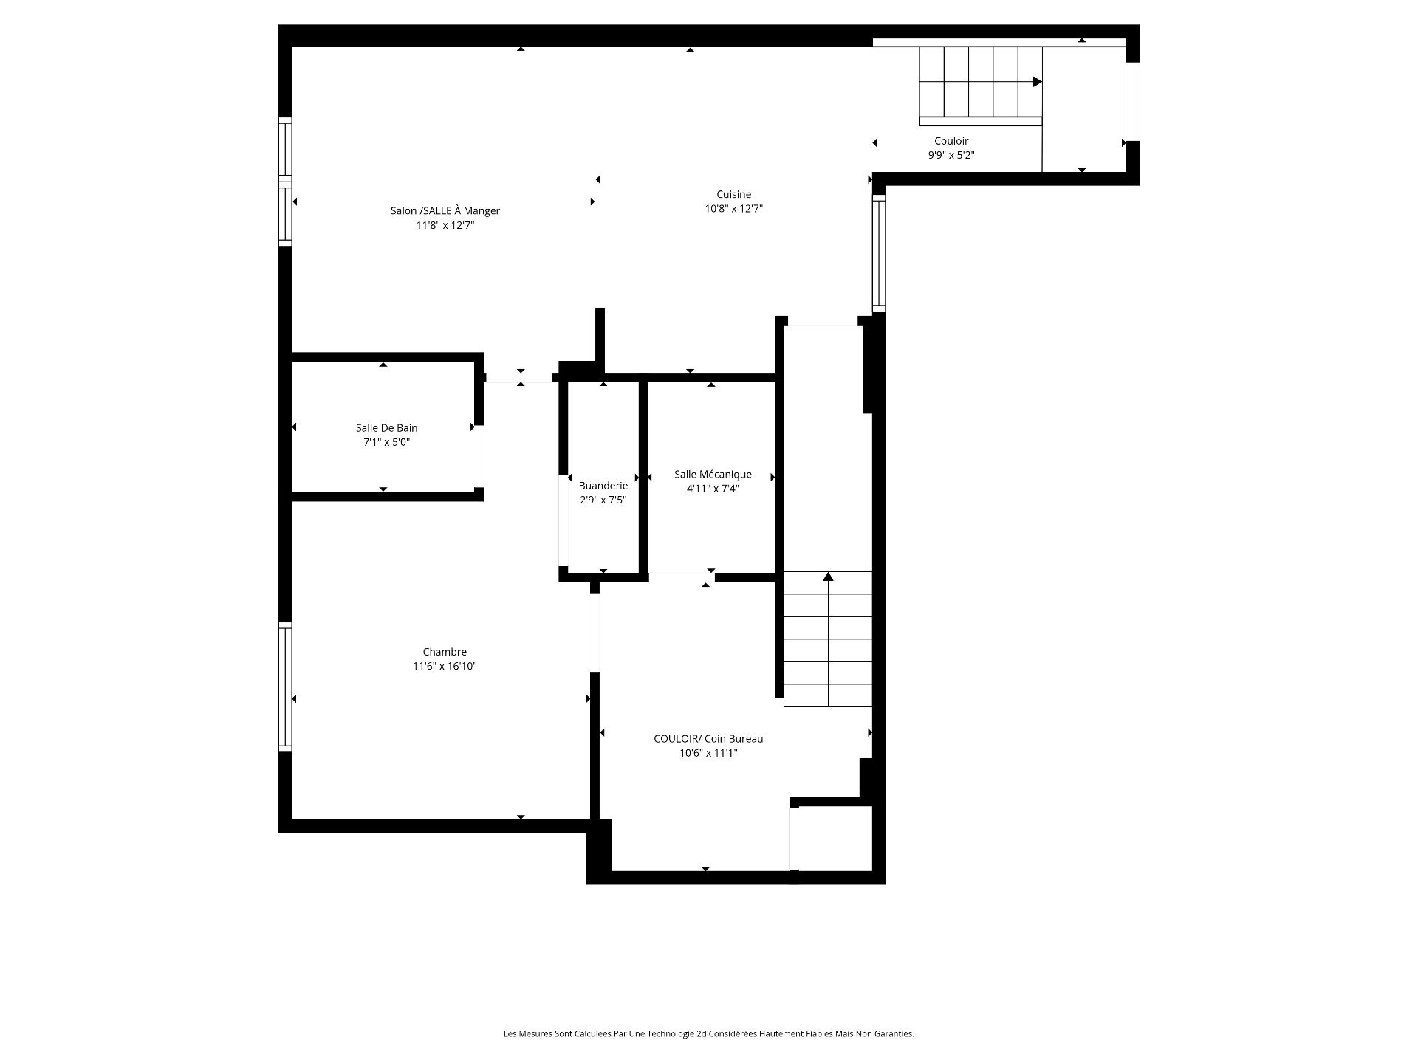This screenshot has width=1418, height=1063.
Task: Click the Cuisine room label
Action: [733, 195]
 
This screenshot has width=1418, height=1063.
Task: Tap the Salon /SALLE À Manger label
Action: [445, 211]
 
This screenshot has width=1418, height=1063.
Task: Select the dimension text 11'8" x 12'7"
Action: [445, 226]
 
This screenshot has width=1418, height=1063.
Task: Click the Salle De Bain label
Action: [386, 428]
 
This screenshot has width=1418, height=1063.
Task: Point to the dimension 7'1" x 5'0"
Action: [386, 443]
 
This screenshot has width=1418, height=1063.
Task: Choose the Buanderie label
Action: [603, 486]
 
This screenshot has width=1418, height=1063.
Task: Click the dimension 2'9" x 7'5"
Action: [603, 500]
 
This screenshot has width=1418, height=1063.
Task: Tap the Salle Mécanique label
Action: [713, 475]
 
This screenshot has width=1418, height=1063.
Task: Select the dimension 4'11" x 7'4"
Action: [713, 489]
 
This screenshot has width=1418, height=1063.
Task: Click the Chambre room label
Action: [445, 652]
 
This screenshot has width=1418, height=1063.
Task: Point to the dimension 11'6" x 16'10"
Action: [445, 667]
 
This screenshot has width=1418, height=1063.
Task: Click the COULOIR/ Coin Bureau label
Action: [708, 739]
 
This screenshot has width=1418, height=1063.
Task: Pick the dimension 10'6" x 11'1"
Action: [708, 753]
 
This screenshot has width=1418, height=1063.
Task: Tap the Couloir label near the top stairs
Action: [951, 141]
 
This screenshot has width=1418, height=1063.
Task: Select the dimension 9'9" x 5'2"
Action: [951, 156]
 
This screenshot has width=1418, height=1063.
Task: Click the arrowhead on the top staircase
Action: [1038, 82]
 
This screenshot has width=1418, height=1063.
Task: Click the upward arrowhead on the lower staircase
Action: [829, 577]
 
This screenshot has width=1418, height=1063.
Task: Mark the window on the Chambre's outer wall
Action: [285, 687]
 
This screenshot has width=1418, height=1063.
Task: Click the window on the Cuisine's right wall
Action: [879, 253]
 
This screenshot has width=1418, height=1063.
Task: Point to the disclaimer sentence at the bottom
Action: [708, 1034]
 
